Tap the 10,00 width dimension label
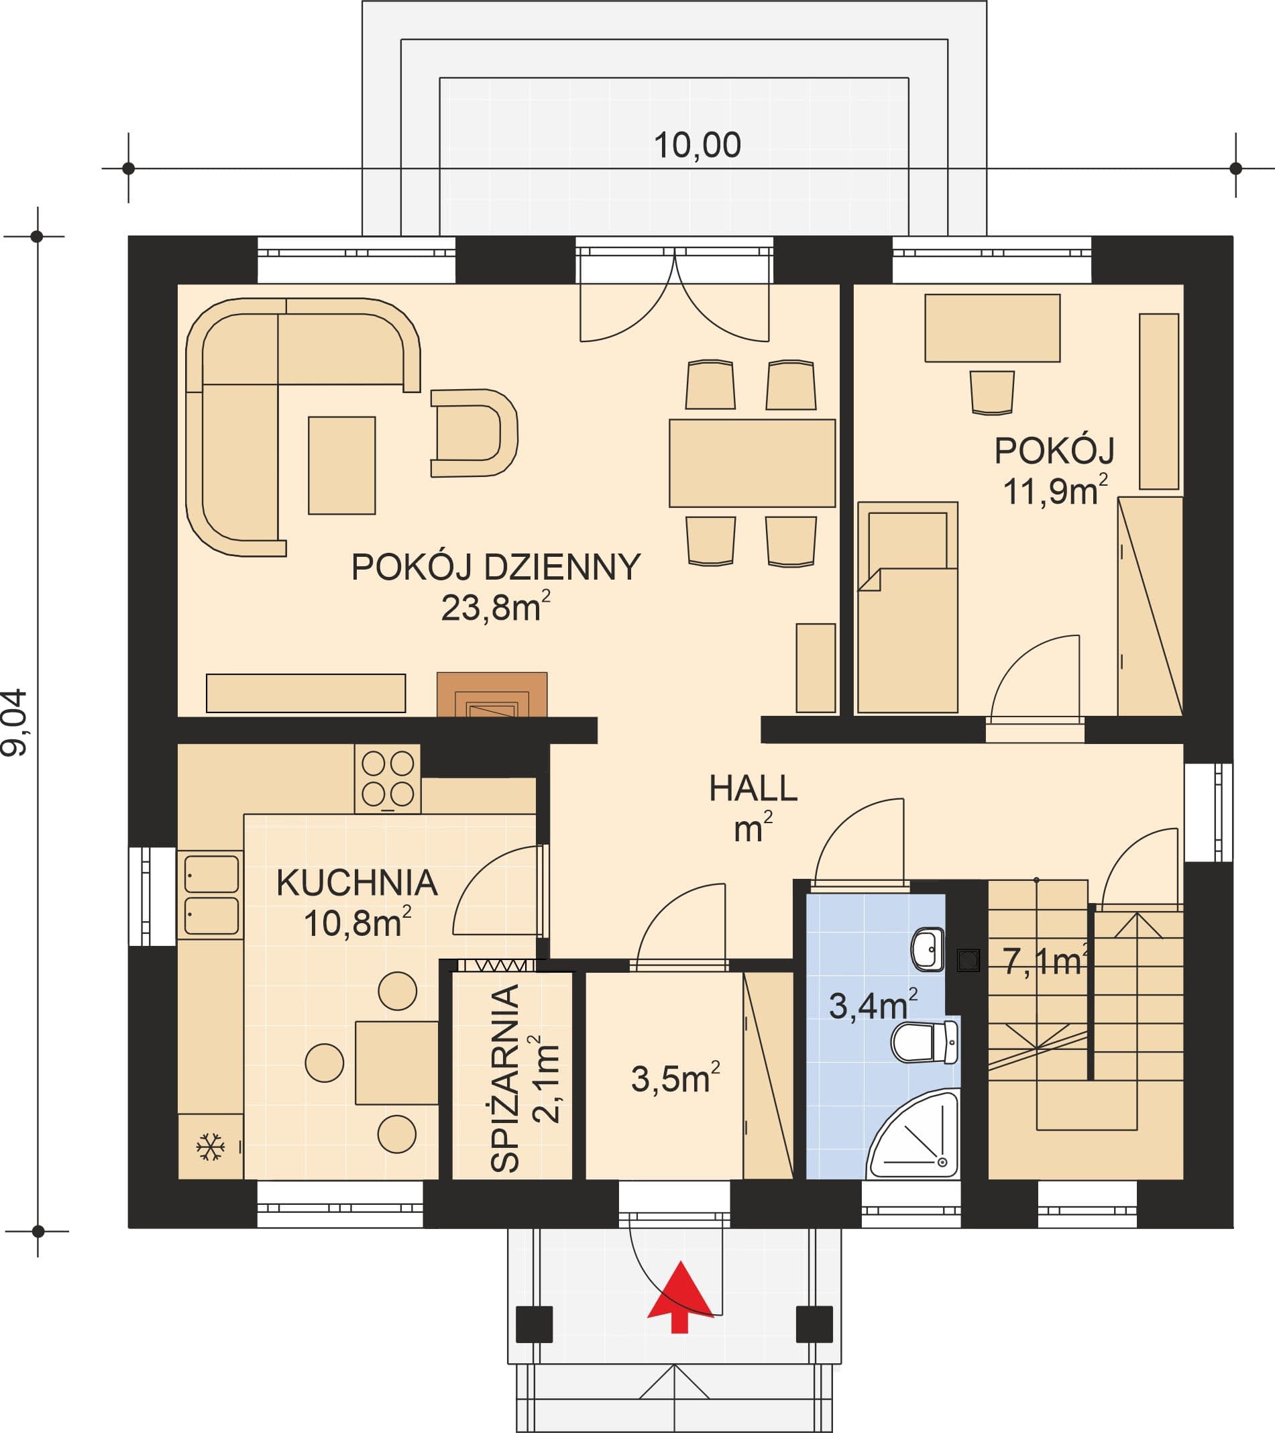coord(698,145)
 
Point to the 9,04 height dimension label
coord(15,722)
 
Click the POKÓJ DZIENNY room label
coord(496,566)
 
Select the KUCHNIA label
coord(357,883)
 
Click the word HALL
coord(753,789)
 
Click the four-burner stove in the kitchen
coord(388,779)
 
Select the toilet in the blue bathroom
coord(924,1042)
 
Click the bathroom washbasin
coord(928,949)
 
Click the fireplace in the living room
coord(492,694)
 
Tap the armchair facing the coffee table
coord(474,433)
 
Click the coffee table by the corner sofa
coord(342,466)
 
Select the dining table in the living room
coord(752,464)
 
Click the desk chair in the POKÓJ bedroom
coord(992,392)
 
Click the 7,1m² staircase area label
coord(1045,961)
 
